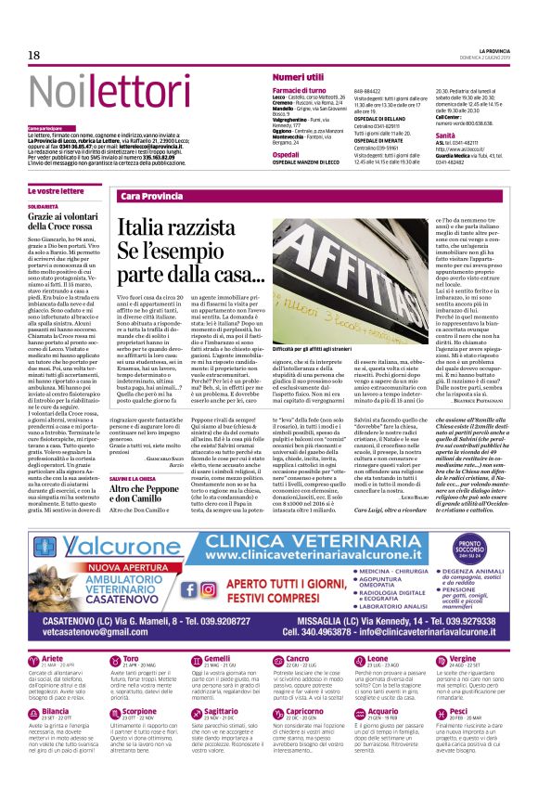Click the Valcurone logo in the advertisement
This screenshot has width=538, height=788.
click(x=88, y=543)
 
